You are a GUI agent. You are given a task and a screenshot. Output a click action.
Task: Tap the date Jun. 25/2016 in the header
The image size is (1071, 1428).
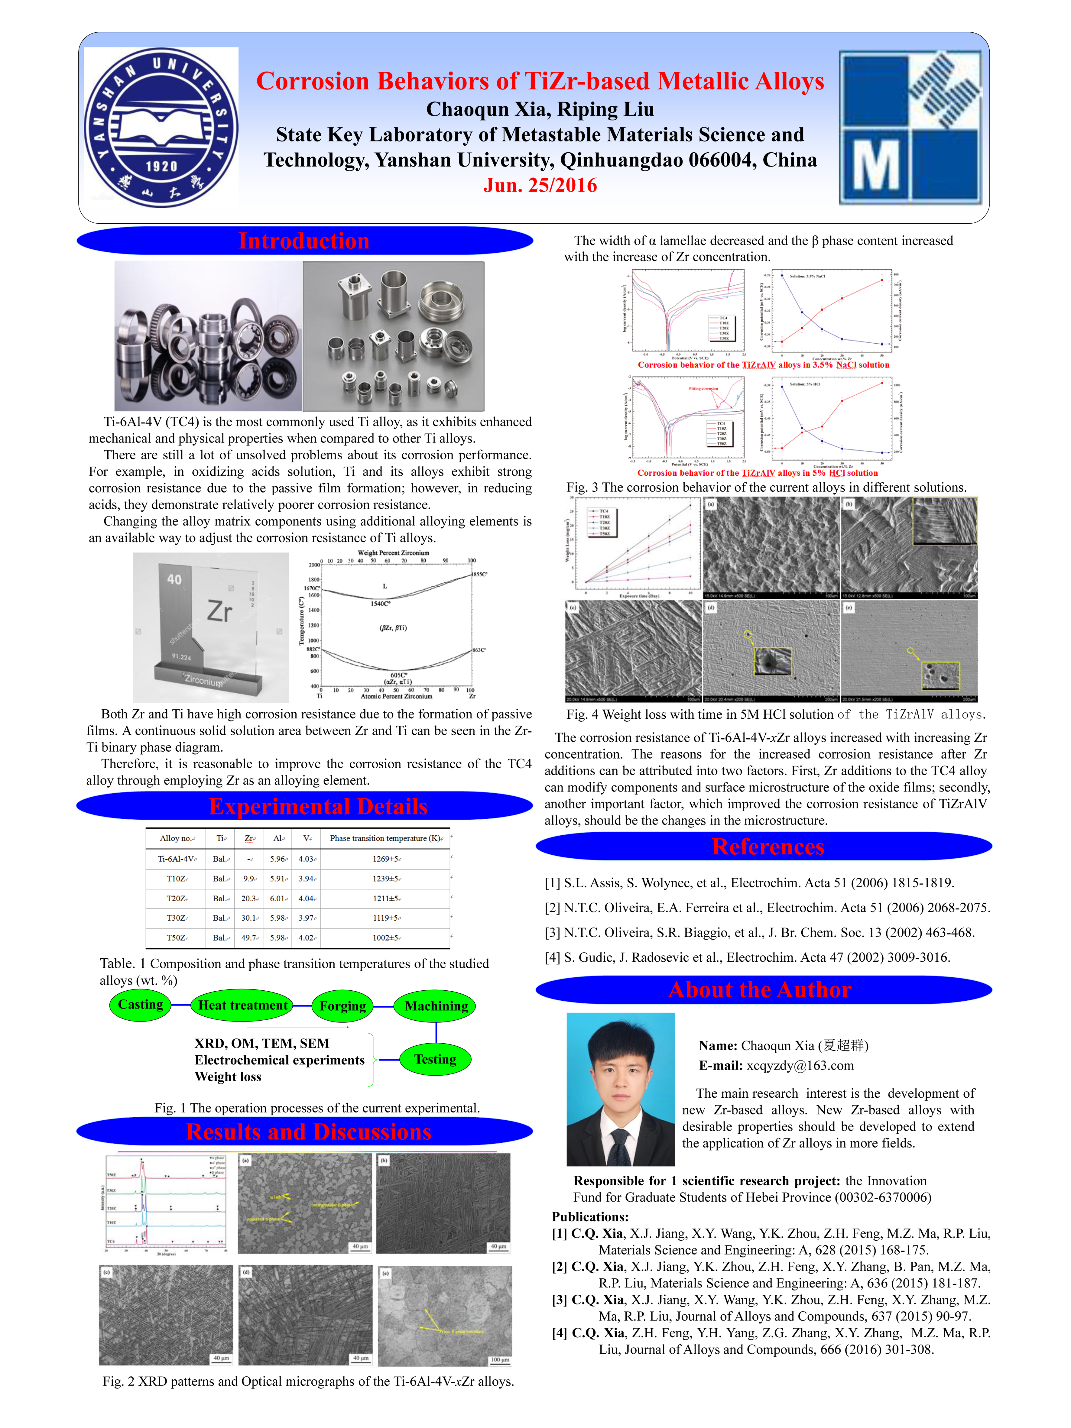540,185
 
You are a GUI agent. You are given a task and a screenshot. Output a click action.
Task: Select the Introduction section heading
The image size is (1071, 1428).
304,241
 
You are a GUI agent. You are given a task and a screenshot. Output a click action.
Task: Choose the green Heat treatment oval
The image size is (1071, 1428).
243,1005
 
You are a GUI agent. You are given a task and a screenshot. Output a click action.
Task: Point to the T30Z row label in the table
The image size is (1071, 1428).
176,917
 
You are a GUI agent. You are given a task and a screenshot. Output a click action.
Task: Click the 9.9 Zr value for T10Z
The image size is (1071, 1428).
249,879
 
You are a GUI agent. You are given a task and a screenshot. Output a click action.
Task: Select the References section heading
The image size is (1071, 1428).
768,846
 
